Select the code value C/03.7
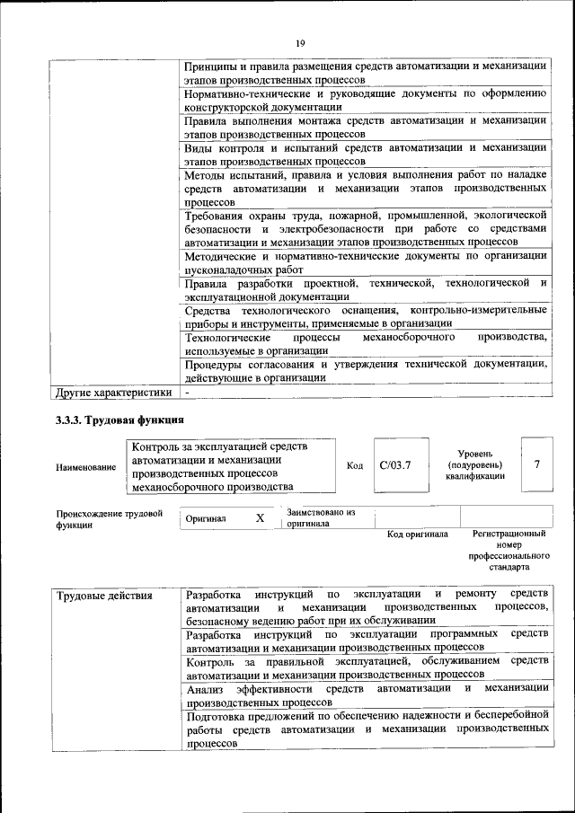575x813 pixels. [x=394, y=465]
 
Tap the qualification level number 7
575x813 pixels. [x=536, y=464]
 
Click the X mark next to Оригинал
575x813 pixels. [x=260, y=518]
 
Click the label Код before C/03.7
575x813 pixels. [x=355, y=465]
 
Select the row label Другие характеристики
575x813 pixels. [x=112, y=393]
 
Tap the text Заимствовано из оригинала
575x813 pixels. [x=321, y=517]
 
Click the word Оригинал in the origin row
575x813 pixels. [x=206, y=518]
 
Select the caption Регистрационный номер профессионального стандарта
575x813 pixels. [x=509, y=550]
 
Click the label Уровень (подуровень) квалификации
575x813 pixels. [x=473, y=464]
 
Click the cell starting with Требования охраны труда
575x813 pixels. [x=366, y=229]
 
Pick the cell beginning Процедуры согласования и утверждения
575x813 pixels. [x=366, y=371]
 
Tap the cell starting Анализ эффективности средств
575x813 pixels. [x=367, y=694]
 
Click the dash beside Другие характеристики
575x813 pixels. [x=187, y=393]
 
